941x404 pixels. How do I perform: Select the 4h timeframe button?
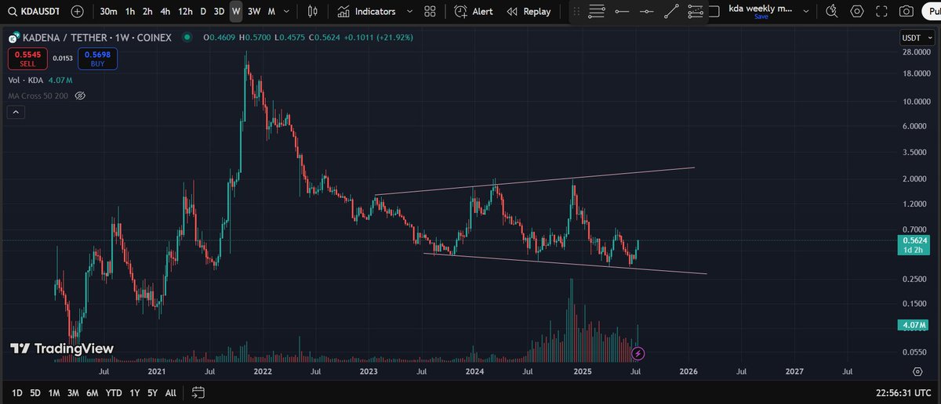tap(165, 12)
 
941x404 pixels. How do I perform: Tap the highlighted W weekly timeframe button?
tap(236, 12)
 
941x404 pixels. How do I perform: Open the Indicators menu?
tap(367, 12)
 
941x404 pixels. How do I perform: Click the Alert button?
tap(474, 12)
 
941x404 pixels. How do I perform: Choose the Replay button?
tap(529, 12)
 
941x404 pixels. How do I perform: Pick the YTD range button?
tap(113, 392)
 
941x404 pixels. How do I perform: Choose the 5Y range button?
tap(152, 392)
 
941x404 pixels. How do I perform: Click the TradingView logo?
tap(62, 348)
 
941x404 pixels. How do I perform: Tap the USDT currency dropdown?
tap(914, 38)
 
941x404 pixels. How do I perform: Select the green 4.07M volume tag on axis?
tap(912, 325)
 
